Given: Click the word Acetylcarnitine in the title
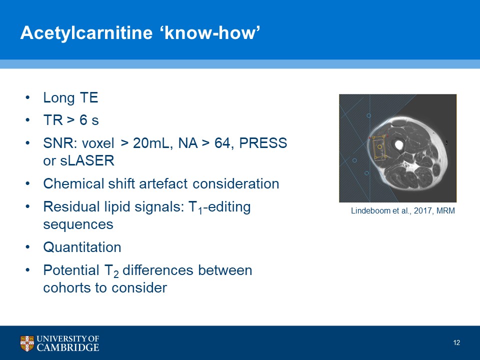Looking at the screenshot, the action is (86, 32).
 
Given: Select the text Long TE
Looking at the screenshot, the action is (70, 97).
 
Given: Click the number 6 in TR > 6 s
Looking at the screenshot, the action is (83, 119).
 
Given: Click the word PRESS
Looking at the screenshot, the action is (263, 143).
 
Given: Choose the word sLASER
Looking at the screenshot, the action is (87, 160).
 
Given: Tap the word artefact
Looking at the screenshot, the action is (163, 183).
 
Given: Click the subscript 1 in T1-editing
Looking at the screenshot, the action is (200, 211).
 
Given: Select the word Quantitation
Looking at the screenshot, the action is (82, 247).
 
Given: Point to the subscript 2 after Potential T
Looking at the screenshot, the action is (116, 274).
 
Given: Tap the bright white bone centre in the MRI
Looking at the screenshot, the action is (398, 145).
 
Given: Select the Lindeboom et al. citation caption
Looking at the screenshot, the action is (403, 210).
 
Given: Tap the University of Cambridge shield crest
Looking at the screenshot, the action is (27, 343).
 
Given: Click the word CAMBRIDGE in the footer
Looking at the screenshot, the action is (68, 347).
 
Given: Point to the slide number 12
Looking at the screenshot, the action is (456, 342).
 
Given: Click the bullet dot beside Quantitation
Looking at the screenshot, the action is (28, 247).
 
